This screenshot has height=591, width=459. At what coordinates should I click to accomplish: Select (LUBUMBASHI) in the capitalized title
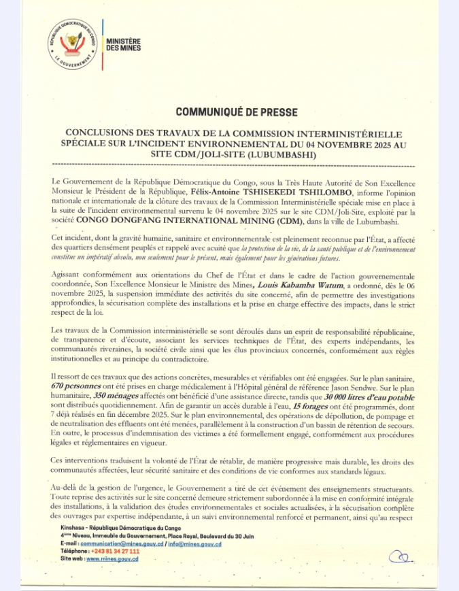click(288, 156)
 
